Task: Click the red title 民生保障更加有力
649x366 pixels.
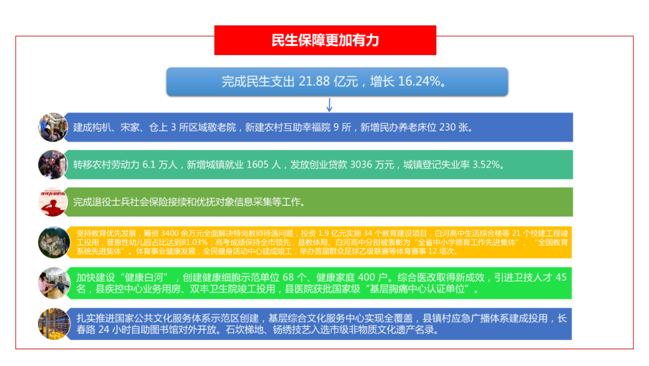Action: tap(325, 40)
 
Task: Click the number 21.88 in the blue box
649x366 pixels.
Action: tap(314, 81)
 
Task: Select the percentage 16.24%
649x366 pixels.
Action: tap(419, 81)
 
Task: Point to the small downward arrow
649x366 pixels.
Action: tap(329, 105)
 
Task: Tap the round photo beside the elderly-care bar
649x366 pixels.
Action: tap(52, 127)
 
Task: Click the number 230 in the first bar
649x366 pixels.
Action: tap(447, 127)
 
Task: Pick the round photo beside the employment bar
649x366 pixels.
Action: tap(52, 164)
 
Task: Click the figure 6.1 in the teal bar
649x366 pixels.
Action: tap(149, 164)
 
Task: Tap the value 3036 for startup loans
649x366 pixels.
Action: tap(361, 164)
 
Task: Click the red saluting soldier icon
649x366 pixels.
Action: tap(52, 202)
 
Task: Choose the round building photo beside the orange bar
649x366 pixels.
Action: tap(54, 243)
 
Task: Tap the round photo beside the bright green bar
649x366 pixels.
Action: tap(54, 283)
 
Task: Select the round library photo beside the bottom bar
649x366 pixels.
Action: tap(54, 324)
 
